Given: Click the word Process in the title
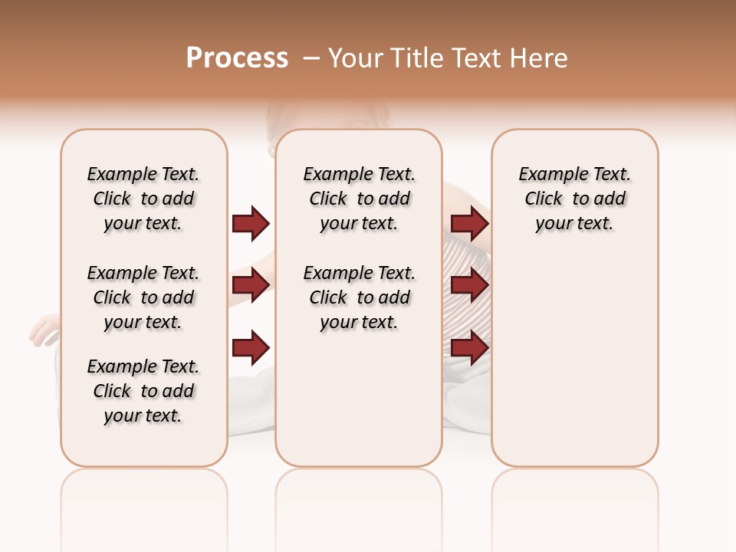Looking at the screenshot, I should tap(237, 58).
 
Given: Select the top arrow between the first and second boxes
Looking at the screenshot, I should tap(251, 223).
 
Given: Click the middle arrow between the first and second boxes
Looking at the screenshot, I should tap(251, 285).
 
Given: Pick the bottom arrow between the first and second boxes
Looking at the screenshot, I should tap(251, 348).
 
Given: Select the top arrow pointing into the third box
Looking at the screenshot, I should tap(470, 223).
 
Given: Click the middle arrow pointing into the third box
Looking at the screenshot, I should tap(470, 285).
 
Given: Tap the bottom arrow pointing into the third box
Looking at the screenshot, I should tap(470, 348).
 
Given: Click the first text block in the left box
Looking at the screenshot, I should tap(143, 199).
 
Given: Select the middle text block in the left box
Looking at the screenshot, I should tap(143, 297).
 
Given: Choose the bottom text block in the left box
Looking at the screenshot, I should tap(143, 391).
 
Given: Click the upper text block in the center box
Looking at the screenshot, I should tap(359, 199).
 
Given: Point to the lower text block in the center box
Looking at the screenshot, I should tap(359, 297).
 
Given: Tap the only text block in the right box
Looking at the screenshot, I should tap(575, 199).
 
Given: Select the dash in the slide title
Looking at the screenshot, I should tap(310, 58).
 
